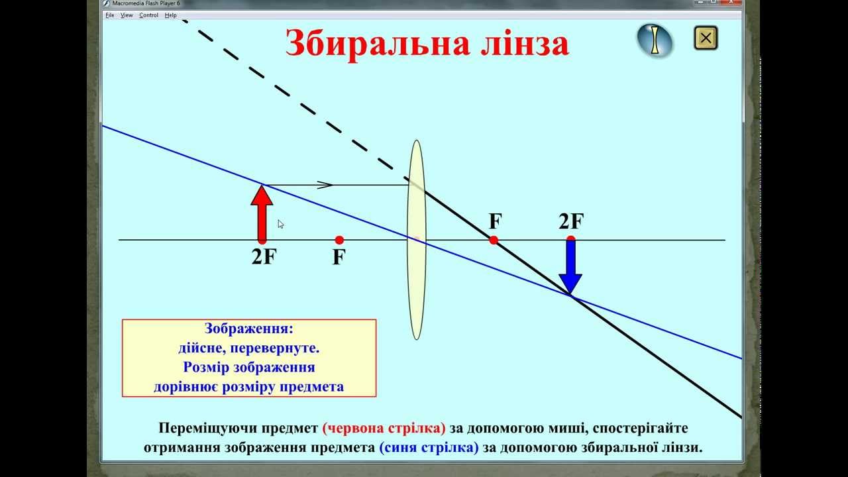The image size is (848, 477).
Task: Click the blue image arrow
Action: point(570,265)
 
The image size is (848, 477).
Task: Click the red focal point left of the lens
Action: point(339,240)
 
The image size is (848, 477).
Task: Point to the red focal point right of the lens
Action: point(494,240)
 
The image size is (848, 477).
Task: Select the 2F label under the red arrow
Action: point(263,257)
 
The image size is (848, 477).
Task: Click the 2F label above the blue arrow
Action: point(571,221)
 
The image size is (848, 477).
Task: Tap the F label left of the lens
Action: point(339,257)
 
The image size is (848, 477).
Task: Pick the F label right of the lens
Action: point(495,221)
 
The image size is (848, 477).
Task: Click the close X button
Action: point(706,38)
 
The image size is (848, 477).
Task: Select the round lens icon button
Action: point(655,40)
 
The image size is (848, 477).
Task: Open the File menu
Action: point(110,15)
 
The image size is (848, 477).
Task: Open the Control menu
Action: point(148,15)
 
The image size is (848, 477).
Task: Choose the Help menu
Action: point(171,15)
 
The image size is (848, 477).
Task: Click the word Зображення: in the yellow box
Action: point(249,329)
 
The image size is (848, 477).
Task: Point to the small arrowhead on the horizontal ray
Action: point(325,185)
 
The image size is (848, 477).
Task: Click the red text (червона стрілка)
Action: point(384,428)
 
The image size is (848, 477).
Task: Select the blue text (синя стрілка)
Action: point(429,447)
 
